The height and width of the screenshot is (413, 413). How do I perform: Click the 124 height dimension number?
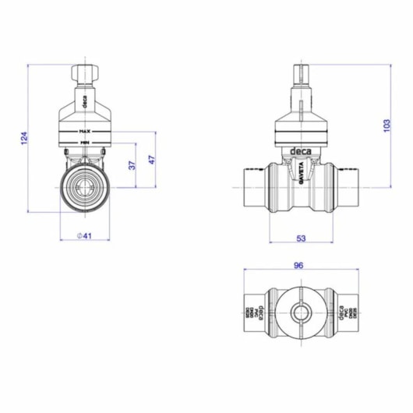click(23, 139)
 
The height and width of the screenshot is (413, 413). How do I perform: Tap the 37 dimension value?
click(132, 165)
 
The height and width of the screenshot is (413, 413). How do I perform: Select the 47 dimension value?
click(152, 160)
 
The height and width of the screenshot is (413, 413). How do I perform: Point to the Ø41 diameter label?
click(84, 235)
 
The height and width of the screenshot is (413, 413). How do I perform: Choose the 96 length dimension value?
click(298, 265)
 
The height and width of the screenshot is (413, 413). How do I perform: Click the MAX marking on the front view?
click(84, 132)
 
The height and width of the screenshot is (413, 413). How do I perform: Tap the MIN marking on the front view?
click(84, 143)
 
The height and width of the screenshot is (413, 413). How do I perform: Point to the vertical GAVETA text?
click(298, 173)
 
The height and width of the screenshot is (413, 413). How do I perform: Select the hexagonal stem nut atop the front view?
click(84, 75)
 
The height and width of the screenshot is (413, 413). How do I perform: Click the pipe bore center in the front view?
click(84, 188)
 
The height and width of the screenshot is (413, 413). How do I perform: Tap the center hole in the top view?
click(298, 314)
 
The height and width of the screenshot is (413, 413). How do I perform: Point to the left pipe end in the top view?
click(249, 314)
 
